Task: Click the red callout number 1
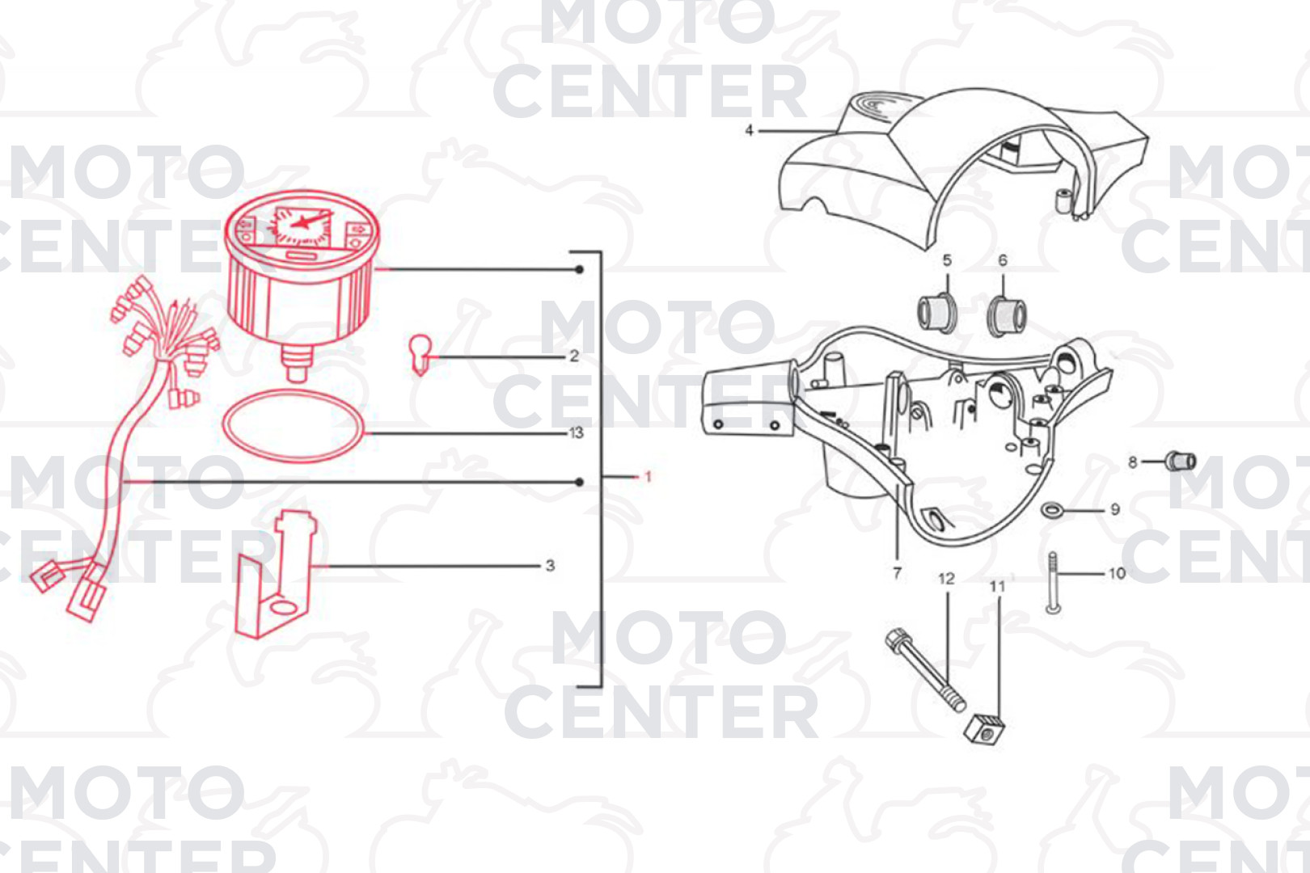(x=648, y=477)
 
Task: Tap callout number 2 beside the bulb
(x=573, y=356)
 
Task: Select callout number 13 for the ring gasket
(x=576, y=432)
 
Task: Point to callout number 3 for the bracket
(x=550, y=566)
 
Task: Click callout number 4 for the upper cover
(x=749, y=130)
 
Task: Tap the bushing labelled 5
(x=937, y=314)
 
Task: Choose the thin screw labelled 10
(x=1053, y=583)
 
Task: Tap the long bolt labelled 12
(x=925, y=670)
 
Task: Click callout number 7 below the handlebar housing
(x=897, y=573)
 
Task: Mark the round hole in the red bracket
(x=284, y=608)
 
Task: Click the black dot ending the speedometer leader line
(x=579, y=269)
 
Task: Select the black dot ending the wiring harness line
(x=579, y=483)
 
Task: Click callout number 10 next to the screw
(x=1117, y=573)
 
